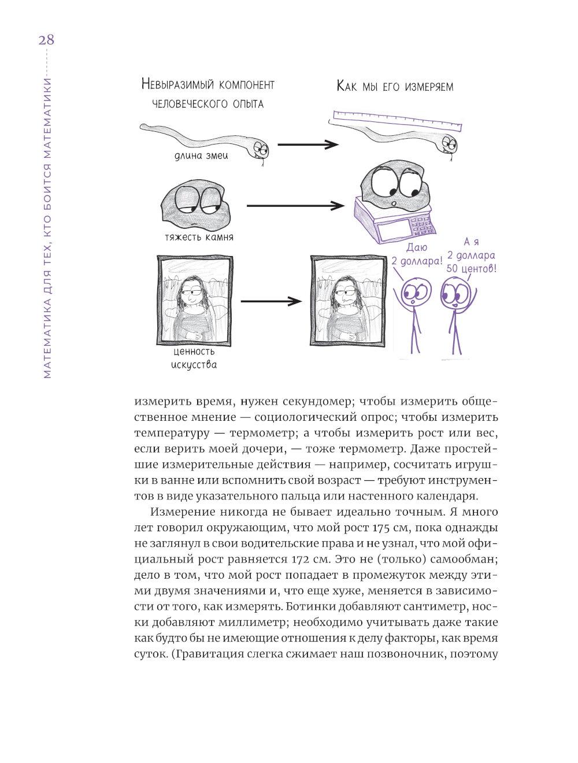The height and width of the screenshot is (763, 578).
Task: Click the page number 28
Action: click(46, 40)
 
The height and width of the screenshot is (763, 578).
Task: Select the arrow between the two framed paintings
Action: click(271, 301)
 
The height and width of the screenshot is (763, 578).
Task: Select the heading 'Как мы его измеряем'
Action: click(395, 87)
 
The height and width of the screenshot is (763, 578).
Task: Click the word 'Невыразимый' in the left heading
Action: click(176, 84)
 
